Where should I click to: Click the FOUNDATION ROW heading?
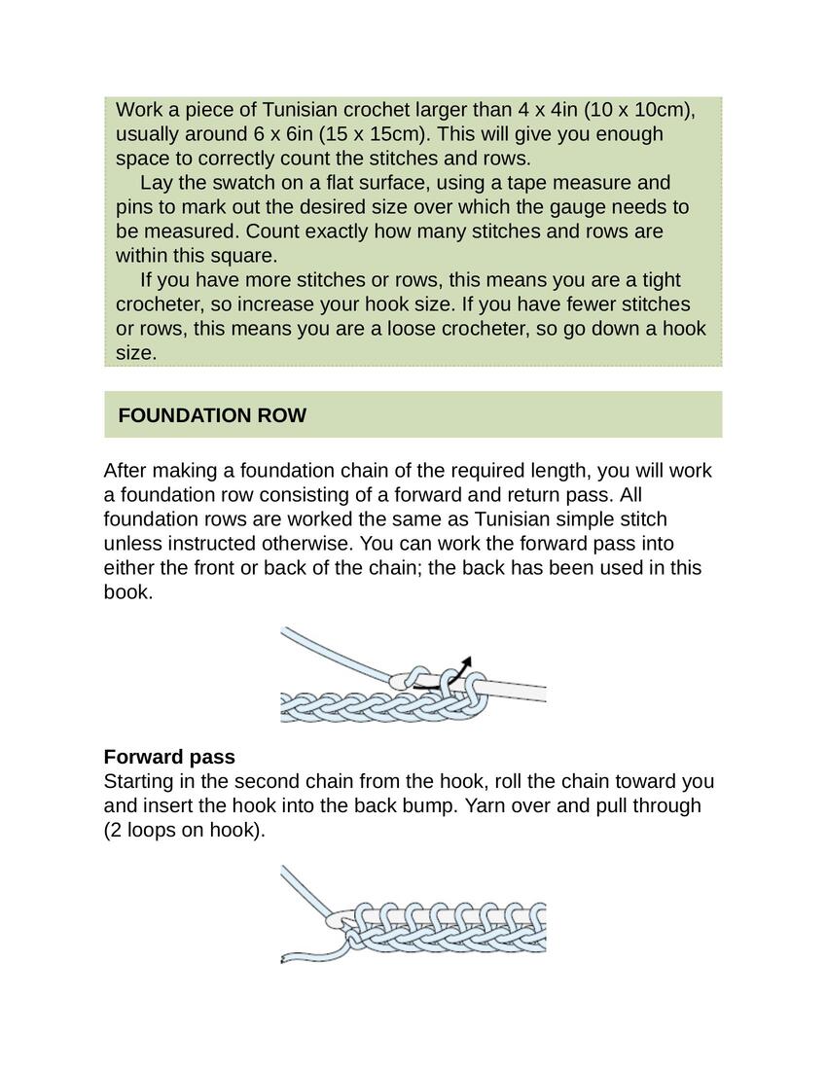point(212,415)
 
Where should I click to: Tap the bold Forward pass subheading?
point(169,757)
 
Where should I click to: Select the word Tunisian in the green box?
point(299,109)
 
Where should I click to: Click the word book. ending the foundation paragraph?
point(128,591)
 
